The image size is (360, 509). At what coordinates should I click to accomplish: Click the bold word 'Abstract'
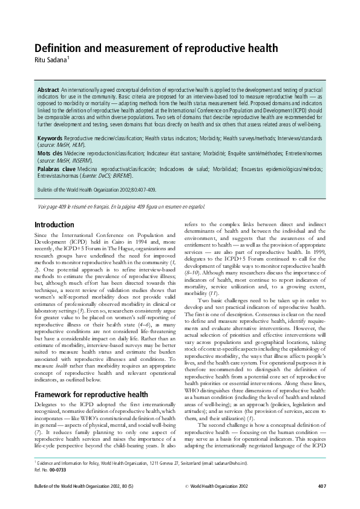48,89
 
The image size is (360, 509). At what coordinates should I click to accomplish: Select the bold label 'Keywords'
50,138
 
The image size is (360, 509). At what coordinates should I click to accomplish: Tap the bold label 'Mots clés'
50,154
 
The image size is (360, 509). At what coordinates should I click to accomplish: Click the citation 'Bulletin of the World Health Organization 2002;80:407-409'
96,190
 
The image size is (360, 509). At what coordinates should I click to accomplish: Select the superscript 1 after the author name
68,57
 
